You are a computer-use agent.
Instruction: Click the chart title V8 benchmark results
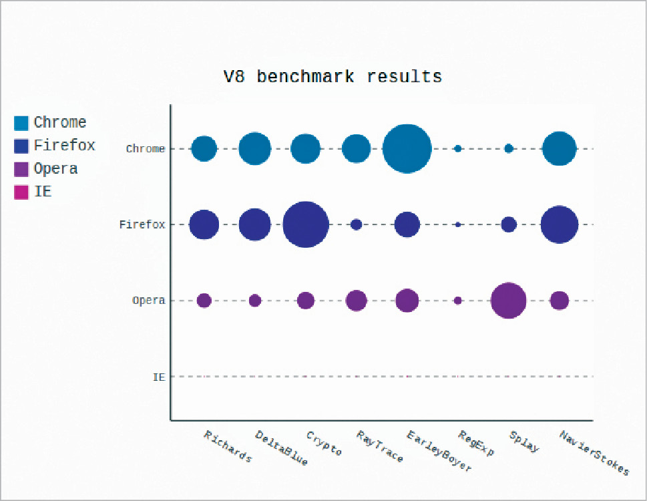(x=333, y=77)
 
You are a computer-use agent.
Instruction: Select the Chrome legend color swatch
(x=21, y=123)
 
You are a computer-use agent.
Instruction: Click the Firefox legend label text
(x=64, y=146)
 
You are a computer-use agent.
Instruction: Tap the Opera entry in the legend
(x=55, y=169)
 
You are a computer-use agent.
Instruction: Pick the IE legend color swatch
(x=21, y=192)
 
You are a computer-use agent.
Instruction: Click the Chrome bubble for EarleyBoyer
(x=407, y=149)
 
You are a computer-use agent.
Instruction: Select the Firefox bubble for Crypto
(x=305, y=224)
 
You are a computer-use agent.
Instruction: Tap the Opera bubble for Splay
(x=508, y=301)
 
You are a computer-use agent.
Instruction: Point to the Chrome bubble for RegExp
(x=458, y=149)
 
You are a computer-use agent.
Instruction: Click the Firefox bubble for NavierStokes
(x=559, y=224)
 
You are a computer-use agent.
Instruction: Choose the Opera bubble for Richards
(x=204, y=301)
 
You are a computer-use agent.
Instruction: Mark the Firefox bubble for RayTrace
(x=356, y=224)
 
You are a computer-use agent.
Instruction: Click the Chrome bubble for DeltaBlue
(x=254, y=149)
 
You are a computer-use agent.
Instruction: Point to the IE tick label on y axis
(x=159, y=377)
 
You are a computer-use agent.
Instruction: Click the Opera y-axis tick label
(x=148, y=301)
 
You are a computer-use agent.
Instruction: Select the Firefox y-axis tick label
(x=142, y=225)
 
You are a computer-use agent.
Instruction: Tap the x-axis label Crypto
(x=324, y=444)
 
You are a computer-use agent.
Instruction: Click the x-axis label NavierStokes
(x=594, y=454)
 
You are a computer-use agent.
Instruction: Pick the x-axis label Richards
(x=228, y=447)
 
